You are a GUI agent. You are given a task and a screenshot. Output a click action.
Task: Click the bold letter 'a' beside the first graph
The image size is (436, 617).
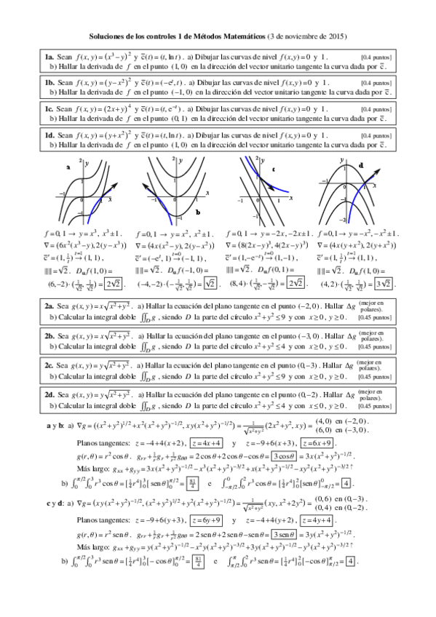pos(68,167)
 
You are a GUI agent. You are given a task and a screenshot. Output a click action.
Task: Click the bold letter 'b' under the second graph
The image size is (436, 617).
pos(197,211)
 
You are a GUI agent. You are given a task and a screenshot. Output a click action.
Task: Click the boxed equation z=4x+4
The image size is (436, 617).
pos(206,443)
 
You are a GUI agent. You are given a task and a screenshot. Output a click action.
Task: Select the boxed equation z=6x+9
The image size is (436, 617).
pos(318,443)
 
